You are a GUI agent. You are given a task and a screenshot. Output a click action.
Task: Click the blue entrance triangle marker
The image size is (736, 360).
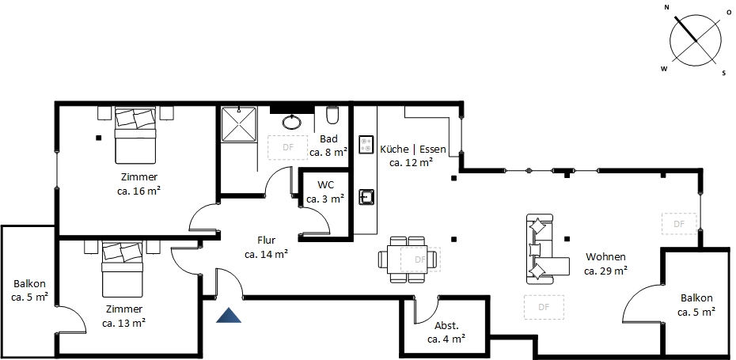(x=229, y=316)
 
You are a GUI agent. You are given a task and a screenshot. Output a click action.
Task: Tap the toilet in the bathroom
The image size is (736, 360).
(x=332, y=115)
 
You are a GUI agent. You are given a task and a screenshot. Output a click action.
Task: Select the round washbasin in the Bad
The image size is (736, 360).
(x=293, y=122)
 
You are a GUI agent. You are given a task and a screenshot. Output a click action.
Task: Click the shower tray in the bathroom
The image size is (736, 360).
(x=239, y=124)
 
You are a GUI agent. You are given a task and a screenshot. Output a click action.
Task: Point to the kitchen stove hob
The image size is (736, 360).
(x=366, y=144)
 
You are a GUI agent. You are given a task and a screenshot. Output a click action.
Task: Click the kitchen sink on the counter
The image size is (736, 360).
(x=366, y=197)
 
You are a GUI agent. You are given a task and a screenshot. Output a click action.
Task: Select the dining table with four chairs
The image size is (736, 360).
(x=408, y=259)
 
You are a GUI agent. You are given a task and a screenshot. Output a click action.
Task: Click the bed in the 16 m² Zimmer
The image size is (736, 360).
(x=135, y=135)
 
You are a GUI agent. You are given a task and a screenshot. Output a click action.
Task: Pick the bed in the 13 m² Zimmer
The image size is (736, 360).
(x=122, y=270)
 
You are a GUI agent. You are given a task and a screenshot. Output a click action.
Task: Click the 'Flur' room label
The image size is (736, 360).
(x=266, y=241)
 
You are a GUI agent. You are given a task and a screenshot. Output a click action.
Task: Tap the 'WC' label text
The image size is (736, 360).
(x=326, y=184)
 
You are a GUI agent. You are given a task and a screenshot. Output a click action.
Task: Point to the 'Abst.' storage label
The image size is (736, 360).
(x=446, y=326)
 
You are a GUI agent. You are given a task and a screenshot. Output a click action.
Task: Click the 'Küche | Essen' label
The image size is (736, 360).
(x=412, y=150)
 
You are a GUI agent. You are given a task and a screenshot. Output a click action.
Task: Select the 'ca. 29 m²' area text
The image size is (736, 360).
(x=606, y=271)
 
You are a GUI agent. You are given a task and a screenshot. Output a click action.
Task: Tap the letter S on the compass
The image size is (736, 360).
(x=724, y=73)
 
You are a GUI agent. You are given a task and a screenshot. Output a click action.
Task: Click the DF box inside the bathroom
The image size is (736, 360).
(x=288, y=147)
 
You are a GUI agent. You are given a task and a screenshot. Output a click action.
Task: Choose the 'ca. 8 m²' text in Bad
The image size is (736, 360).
(x=328, y=152)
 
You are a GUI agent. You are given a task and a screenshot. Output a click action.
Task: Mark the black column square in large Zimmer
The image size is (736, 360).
(x=99, y=138)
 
